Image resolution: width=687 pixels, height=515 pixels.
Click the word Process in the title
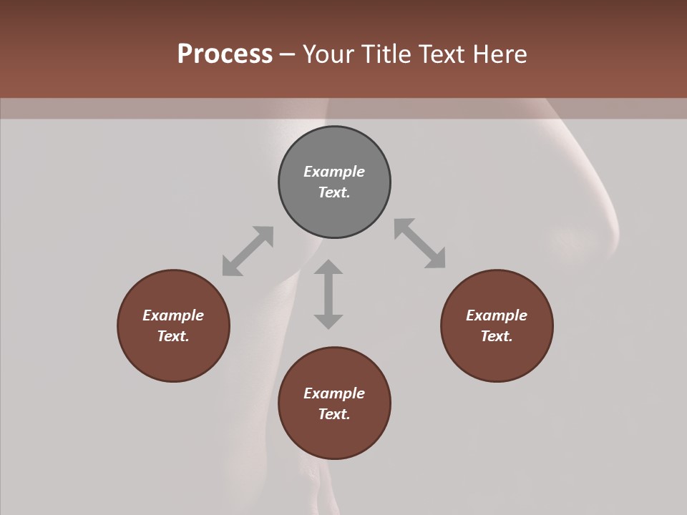click(x=225, y=54)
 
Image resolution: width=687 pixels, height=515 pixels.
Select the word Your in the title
click(x=328, y=54)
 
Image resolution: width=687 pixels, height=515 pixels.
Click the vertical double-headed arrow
click(x=328, y=294)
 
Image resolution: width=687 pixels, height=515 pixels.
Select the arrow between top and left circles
click(x=248, y=251)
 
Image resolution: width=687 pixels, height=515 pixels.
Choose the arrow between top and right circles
click(x=420, y=244)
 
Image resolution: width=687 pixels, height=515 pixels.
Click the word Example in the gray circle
click(x=334, y=172)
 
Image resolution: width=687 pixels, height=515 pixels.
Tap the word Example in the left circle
click(x=173, y=315)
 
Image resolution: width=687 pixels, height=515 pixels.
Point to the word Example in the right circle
click(x=497, y=315)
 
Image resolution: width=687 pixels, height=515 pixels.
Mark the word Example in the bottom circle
click(x=334, y=393)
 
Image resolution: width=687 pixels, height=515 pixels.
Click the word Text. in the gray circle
click(x=334, y=192)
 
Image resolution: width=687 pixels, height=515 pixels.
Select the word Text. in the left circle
click(x=173, y=336)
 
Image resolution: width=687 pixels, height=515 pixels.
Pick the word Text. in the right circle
click(x=497, y=336)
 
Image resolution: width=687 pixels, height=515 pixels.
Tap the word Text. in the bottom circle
click(x=334, y=414)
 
